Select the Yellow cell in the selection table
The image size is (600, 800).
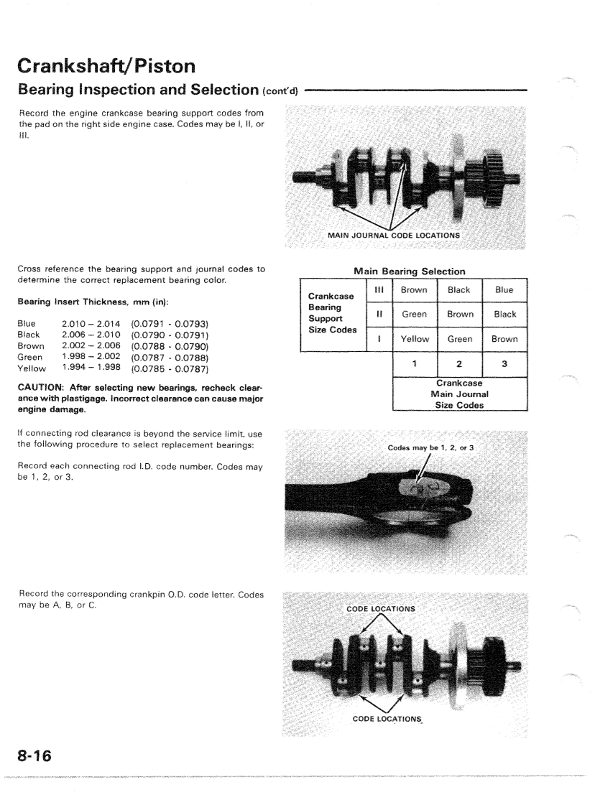(x=414, y=339)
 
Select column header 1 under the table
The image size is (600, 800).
(x=414, y=363)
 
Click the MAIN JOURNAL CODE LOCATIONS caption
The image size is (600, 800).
(x=393, y=234)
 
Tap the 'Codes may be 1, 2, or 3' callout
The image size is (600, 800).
(x=431, y=447)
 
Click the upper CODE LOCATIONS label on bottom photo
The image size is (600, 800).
(x=380, y=609)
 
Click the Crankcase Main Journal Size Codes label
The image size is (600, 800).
(x=459, y=394)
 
